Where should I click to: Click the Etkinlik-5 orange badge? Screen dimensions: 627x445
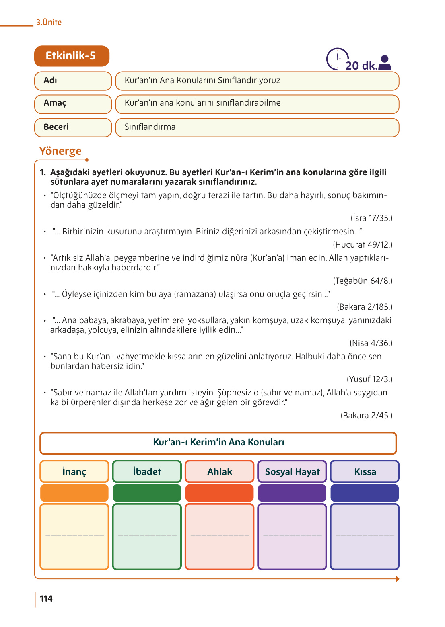point(72,56)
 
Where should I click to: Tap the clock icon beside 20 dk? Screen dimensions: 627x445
point(337,59)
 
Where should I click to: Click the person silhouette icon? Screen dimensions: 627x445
point(385,63)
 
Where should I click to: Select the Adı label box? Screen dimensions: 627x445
point(73,81)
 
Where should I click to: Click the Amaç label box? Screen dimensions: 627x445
point(73,104)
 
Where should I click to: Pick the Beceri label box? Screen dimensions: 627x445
point(73,127)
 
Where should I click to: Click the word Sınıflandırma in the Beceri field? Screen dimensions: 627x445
point(150,127)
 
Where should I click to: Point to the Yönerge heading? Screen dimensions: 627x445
point(60,151)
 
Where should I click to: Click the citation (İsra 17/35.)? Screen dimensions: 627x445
point(371,218)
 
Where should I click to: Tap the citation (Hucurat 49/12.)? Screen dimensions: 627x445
point(362,245)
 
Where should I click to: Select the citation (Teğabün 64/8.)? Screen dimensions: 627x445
point(362,281)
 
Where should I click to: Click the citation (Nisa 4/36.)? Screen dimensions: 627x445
point(371,343)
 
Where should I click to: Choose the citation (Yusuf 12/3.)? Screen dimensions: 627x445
point(369,379)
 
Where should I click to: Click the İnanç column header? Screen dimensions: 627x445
point(74,471)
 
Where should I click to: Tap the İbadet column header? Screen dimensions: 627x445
point(147,471)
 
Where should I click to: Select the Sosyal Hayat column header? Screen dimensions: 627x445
point(292,471)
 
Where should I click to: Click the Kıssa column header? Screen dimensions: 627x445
point(365,471)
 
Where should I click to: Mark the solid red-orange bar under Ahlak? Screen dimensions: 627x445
point(219,493)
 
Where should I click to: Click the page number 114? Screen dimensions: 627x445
point(46,599)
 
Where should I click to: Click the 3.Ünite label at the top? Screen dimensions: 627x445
point(49,22)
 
